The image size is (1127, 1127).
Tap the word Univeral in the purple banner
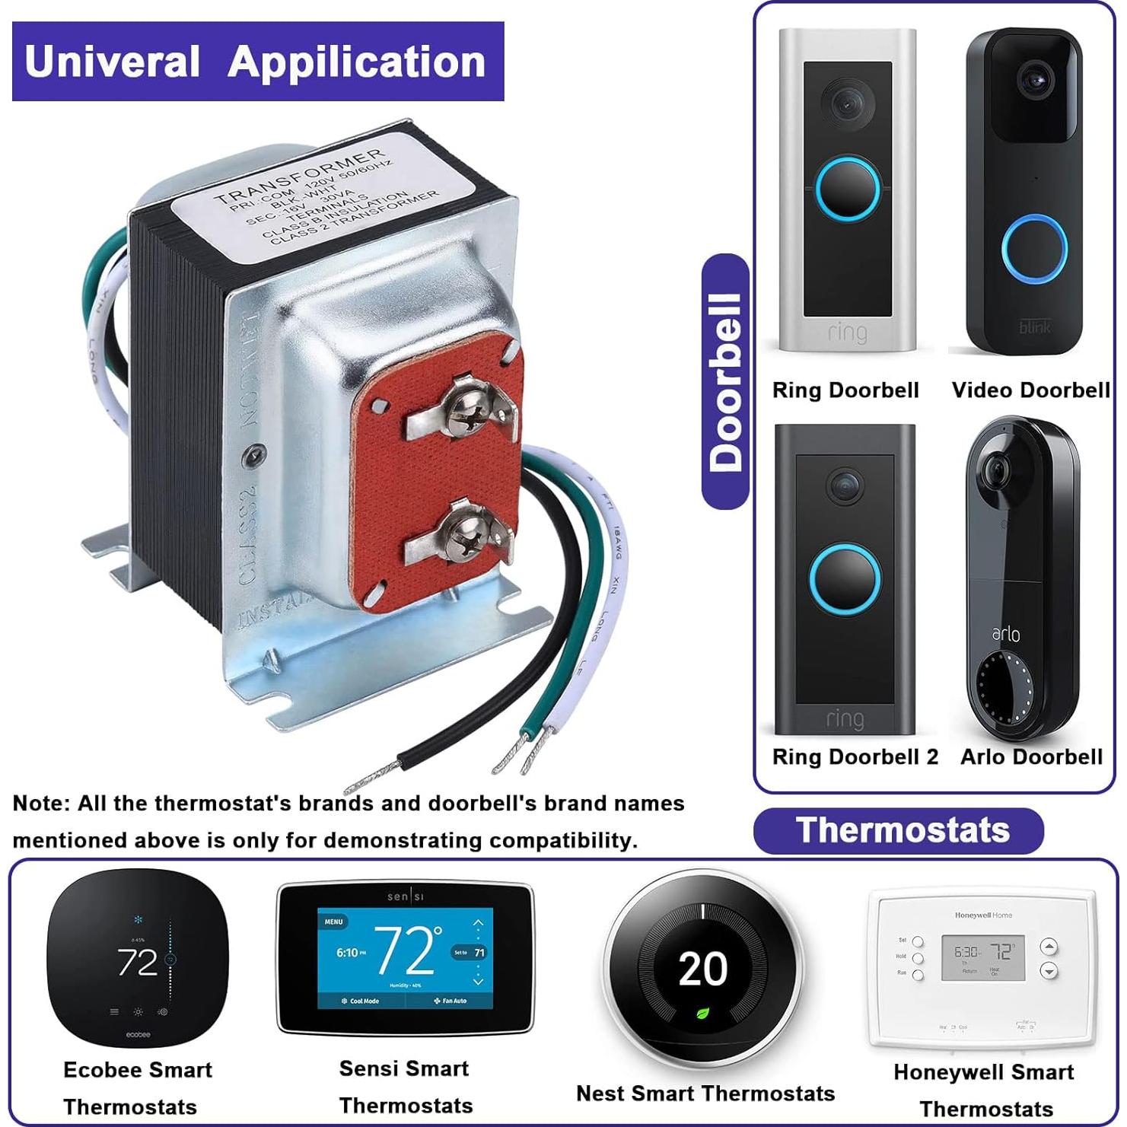[x=113, y=62]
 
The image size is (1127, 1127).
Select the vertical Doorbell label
[x=725, y=381]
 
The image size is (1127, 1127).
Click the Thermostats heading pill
[x=900, y=830]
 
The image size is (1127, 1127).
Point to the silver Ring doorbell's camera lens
[x=846, y=103]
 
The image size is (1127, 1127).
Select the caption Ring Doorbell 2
[x=855, y=756]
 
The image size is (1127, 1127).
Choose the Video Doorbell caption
[x=1030, y=390]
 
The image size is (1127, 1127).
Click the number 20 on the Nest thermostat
[x=702, y=969]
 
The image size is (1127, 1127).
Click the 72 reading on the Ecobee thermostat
[x=137, y=963]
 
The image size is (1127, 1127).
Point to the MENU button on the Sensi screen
[x=334, y=922]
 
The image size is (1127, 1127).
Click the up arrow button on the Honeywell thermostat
[x=1049, y=947]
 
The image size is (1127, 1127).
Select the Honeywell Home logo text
[x=983, y=915]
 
